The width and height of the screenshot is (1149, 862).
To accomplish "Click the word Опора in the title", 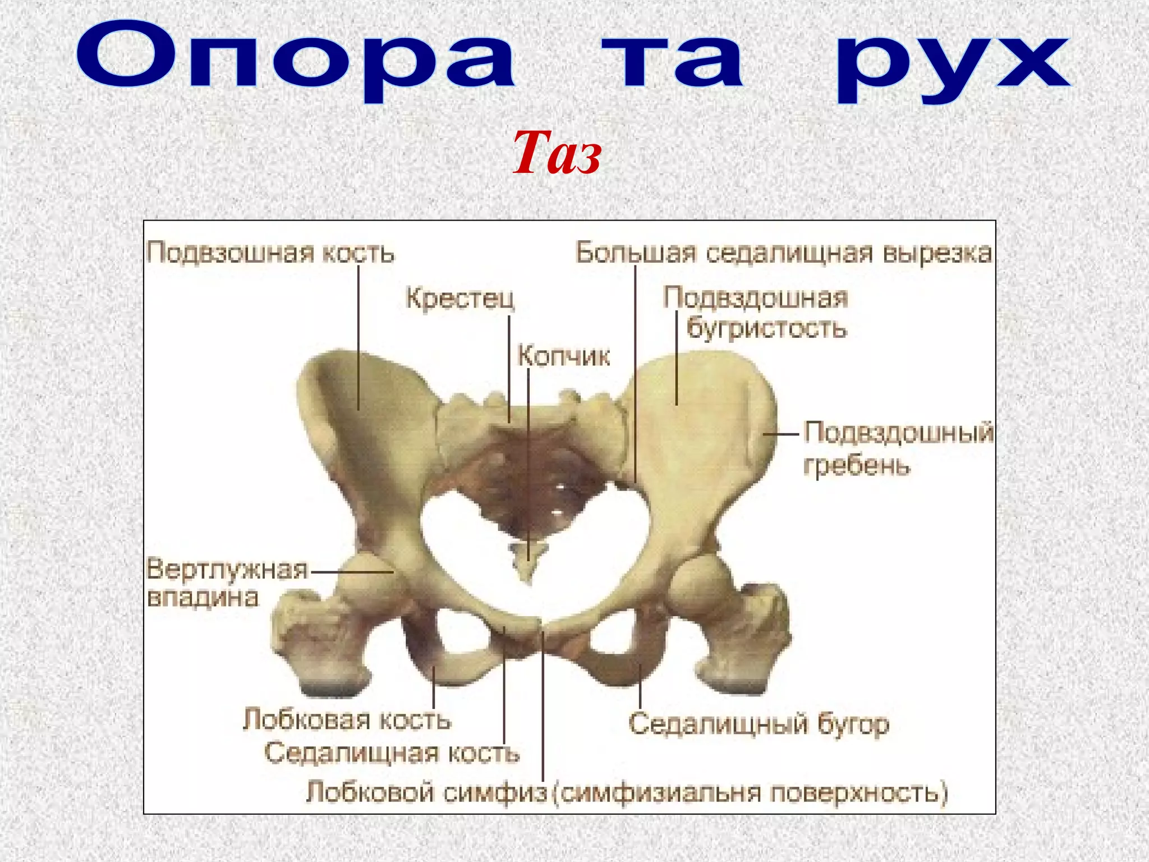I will pyautogui.click(x=296, y=59).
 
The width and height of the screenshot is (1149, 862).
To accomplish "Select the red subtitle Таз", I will pyautogui.click(x=557, y=153).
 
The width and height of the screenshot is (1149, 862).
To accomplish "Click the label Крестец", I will pyautogui.click(x=459, y=297).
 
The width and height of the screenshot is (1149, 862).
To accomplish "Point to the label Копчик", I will pyautogui.click(x=563, y=356).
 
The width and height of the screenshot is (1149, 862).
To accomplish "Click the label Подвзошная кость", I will pyautogui.click(x=270, y=253).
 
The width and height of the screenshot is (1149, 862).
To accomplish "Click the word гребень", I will pyautogui.click(x=857, y=465).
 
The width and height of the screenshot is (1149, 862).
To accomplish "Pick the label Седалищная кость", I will pyautogui.click(x=392, y=753).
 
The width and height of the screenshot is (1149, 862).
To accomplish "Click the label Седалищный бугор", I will pyautogui.click(x=759, y=723).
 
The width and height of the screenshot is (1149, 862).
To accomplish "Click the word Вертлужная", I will pyautogui.click(x=227, y=569).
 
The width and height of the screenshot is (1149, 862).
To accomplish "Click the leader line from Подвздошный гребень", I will pyautogui.click(x=780, y=434).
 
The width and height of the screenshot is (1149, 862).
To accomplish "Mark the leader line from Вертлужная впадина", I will pyautogui.click(x=352, y=572).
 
